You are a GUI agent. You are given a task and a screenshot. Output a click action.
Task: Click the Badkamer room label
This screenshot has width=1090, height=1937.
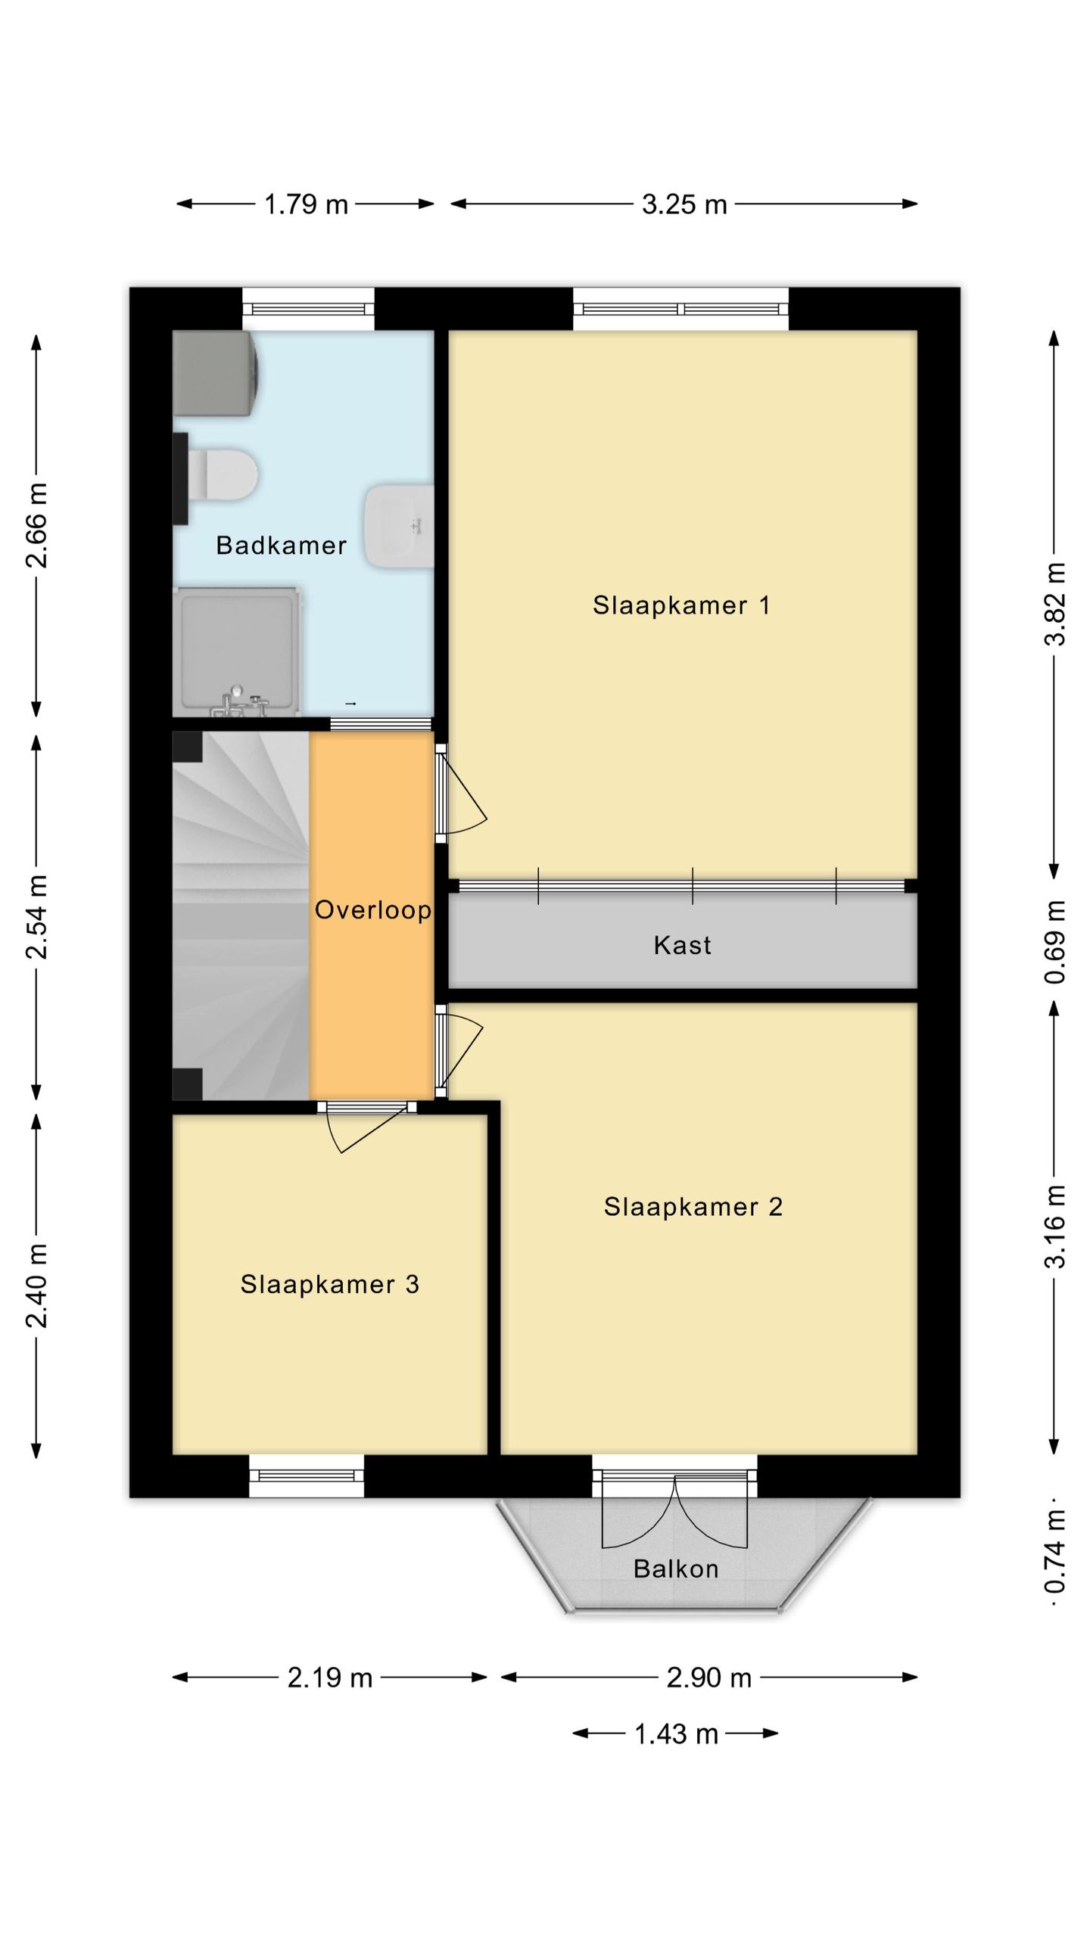tap(281, 546)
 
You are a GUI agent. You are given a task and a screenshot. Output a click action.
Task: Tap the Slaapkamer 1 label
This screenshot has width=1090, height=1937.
tap(681, 605)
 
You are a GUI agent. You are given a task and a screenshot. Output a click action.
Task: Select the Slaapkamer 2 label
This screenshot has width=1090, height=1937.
tap(693, 1207)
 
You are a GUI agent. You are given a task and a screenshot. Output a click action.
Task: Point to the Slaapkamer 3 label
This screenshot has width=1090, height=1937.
tap(329, 1284)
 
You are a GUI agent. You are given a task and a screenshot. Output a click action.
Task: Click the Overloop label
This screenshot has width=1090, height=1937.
tap(373, 910)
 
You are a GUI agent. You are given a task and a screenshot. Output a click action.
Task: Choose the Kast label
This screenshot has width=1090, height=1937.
tap(682, 945)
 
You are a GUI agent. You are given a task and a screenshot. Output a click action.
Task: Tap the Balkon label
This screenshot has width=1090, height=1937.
tap(676, 1569)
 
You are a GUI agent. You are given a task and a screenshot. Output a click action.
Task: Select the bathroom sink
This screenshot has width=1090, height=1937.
tap(399, 526)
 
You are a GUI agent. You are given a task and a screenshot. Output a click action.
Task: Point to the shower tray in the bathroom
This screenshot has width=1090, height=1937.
tap(237, 651)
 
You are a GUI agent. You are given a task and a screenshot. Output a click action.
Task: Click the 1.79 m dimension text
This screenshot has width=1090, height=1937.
tap(306, 204)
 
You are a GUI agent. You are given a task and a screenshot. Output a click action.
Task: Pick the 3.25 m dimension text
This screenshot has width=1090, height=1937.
tap(684, 204)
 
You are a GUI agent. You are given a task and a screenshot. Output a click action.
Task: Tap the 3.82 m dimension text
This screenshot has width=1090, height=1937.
tap(1055, 604)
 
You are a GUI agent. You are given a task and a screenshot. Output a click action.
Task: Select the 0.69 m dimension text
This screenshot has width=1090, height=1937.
tap(1055, 942)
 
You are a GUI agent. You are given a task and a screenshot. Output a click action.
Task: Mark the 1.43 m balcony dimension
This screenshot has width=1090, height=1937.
tap(676, 1734)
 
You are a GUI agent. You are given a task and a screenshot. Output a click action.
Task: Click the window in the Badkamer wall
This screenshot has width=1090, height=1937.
tap(308, 309)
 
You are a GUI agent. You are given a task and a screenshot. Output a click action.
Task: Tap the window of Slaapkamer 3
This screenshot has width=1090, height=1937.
tap(307, 1475)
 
